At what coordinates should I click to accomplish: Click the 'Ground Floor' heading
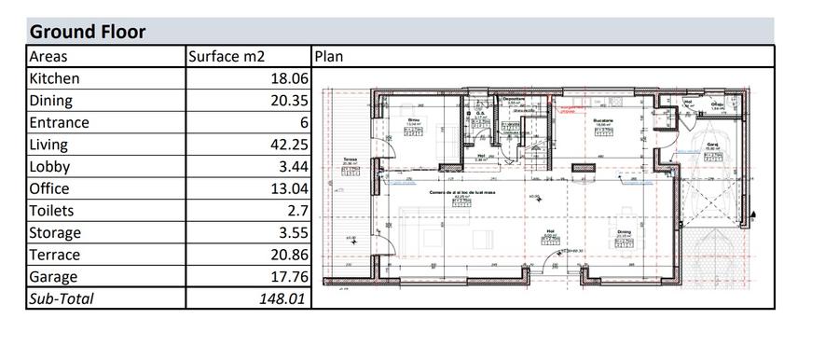tap(88, 32)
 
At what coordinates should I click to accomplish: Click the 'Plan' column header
tap(329, 56)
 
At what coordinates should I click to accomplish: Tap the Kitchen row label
tap(55, 79)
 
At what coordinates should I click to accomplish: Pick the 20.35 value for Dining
tap(287, 101)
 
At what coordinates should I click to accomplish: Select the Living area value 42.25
tap(287, 145)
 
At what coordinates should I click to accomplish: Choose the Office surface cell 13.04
tap(287, 189)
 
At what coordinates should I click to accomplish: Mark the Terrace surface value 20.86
tap(287, 256)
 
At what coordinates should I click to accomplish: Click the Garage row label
tap(53, 277)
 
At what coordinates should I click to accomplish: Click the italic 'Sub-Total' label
tap(62, 299)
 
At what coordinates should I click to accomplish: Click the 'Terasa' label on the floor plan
tap(351, 159)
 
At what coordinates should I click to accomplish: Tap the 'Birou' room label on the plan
tap(414, 119)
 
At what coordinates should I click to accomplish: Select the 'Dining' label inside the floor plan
tap(623, 231)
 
